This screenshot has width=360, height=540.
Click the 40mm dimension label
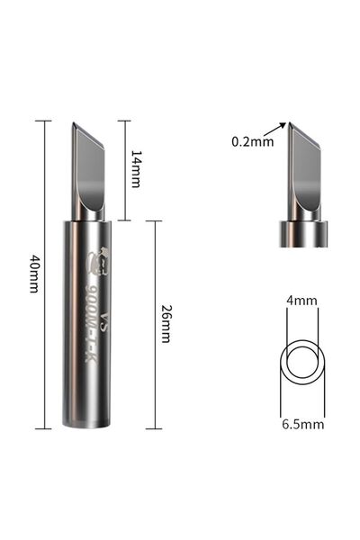(34, 274)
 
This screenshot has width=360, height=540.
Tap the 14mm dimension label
(136, 169)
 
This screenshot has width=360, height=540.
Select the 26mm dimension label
(166, 324)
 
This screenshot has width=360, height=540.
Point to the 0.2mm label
(253, 141)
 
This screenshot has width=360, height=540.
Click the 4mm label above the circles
(301, 301)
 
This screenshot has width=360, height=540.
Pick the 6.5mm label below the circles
(303, 424)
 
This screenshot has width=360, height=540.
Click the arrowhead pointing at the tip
(283, 125)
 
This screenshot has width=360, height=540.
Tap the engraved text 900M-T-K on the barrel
(91, 323)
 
